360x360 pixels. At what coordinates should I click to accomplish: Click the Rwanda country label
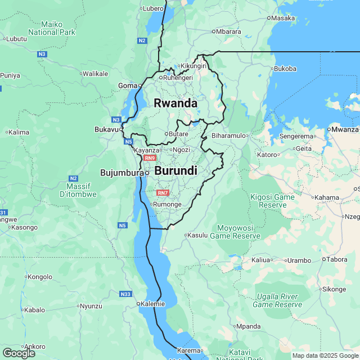[175, 103]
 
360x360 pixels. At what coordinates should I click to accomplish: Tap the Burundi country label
[175, 170]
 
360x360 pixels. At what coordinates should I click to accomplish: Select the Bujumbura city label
[122, 173]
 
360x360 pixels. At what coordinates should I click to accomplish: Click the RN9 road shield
[149, 158]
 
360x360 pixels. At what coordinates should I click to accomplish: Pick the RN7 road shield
[163, 193]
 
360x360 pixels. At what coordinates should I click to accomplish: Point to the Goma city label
[127, 85]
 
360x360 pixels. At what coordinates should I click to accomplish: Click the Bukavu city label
[106, 129]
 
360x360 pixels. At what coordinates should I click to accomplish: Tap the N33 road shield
[127, 294]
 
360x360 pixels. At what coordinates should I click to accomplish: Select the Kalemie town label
[152, 304]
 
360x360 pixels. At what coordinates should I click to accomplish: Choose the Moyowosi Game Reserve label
[235, 232]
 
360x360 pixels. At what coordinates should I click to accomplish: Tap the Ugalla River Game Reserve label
[277, 300]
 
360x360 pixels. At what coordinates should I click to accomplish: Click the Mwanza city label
[345, 129]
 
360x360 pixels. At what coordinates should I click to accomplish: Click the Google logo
[19, 353]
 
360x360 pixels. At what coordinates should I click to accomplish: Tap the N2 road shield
[142, 40]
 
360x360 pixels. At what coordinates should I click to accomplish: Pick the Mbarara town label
[228, 31]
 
